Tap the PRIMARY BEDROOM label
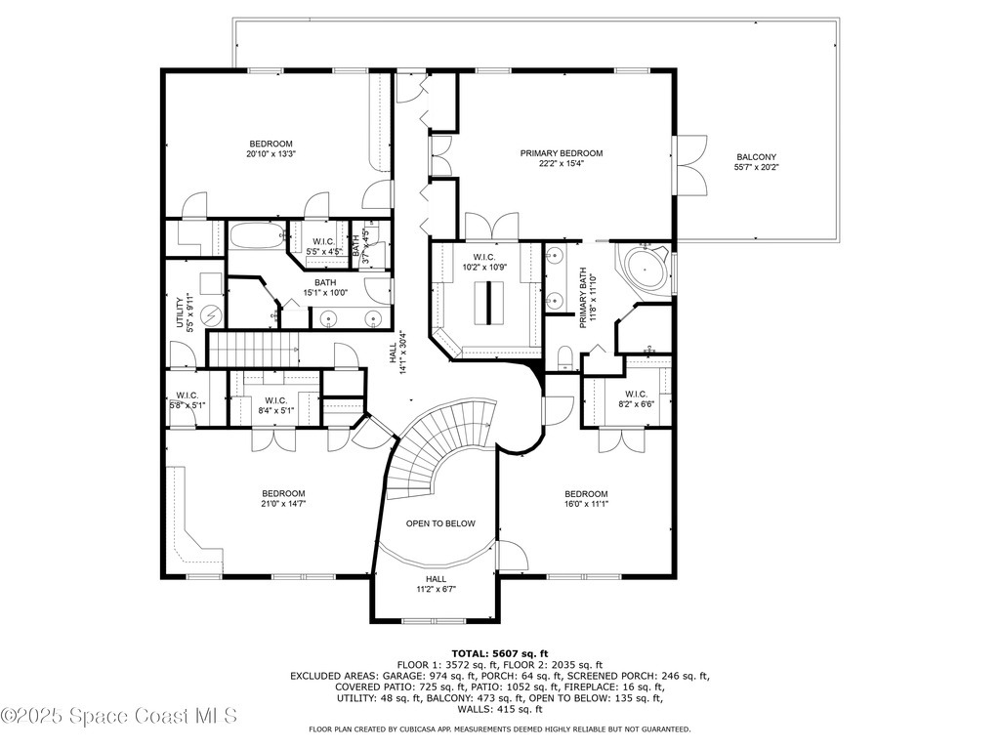pos(561,153)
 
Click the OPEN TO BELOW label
pos(440,523)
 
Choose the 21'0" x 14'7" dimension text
pos(283,504)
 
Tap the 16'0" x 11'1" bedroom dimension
pos(586,504)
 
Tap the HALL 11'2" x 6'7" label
pos(436,583)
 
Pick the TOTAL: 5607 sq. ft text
pos(499,653)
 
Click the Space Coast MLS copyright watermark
pos(119,716)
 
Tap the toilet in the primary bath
pos(563,359)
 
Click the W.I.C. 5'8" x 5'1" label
pos(187,400)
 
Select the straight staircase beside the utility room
pos(254,347)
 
